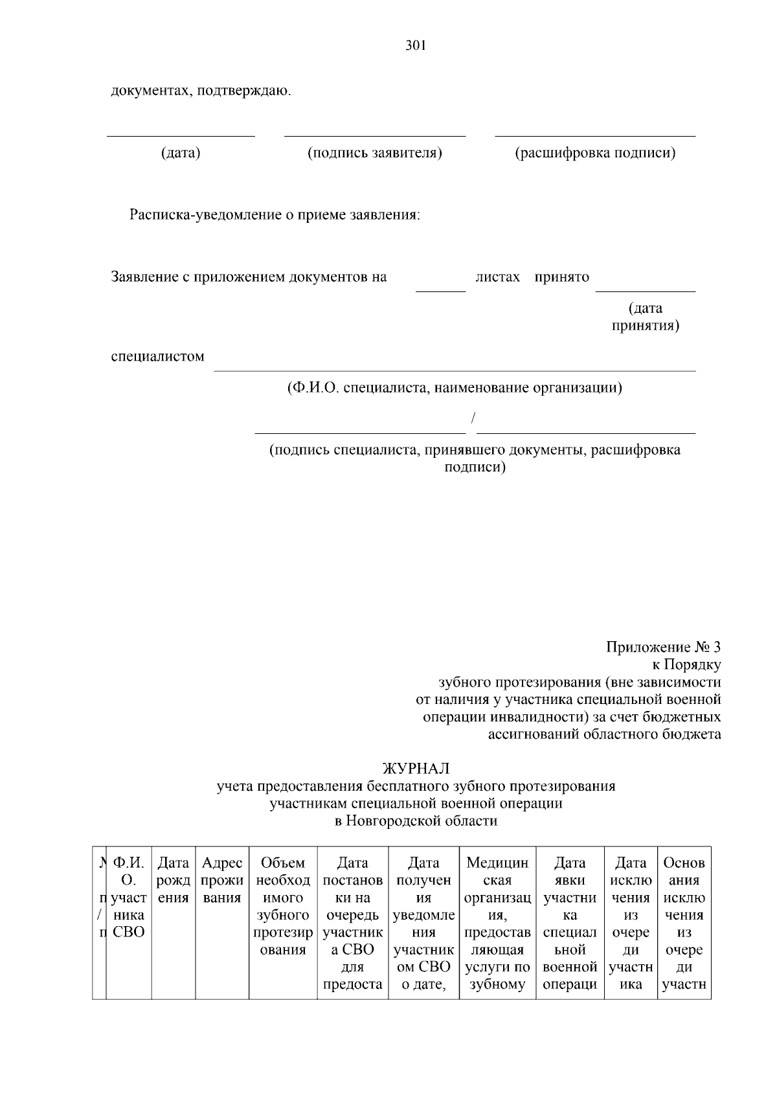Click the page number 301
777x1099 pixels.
pyautogui.click(x=415, y=46)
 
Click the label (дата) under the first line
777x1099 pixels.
pyautogui.click(x=181, y=153)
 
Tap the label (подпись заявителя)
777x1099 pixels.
pyautogui.click(x=374, y=153)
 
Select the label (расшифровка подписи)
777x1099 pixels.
pyautogui.click(x=595, y=153)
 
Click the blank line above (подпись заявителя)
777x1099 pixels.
pyautogui.click(x=374, y=135)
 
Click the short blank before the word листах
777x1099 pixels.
pyautogui.click(x=440, y=289)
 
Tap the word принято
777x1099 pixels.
pyautogui.click(x=561, y=277)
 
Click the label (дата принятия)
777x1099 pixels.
pyautogui.click(x=646, y=317)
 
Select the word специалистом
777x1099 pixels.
pyautogui.click(x=157, y=356)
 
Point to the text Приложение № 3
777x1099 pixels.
pyautogui.click(x=663, y=647)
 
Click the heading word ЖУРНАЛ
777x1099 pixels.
pyautogui.click(x=416, y=768)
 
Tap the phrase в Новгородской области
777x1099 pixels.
pyautogui.click(x=416, y=821)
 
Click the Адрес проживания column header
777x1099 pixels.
pyautogui.click(x=222, y=880)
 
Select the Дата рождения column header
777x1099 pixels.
pyautogui.click(x=174, y=880)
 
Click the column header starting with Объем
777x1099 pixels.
pyautogui.click(x=283, y=906)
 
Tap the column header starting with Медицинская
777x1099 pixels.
pyautogui.click(x=497, y=923)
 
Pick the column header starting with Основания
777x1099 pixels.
pyautogui.click(x=684, y=923)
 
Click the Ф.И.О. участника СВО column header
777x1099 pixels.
pyautogui.click(x=128, y=898)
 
